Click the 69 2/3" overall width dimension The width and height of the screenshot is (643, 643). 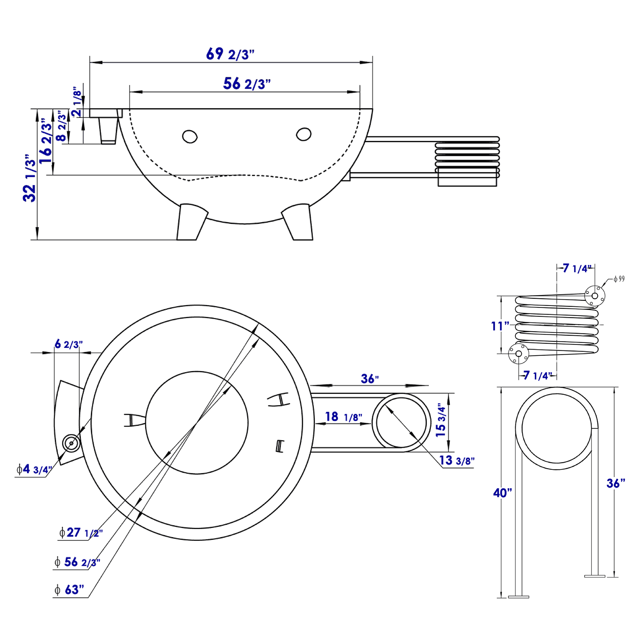click(230, 54)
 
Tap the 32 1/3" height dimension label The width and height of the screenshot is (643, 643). click(30, 178)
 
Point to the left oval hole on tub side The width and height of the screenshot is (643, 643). click(190, 137)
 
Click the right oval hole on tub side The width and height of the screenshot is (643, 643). click(303, 134)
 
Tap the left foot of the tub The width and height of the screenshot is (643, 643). click(190, 222)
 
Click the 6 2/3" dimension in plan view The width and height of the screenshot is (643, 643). click(68, 344)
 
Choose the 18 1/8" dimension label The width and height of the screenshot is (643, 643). click(343, 417)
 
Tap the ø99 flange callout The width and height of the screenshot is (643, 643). click(619, 279)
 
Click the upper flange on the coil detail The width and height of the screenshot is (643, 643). click(594, 295)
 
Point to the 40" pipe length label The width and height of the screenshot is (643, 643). click(502, 493)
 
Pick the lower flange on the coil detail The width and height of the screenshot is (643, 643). click(518, 354)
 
